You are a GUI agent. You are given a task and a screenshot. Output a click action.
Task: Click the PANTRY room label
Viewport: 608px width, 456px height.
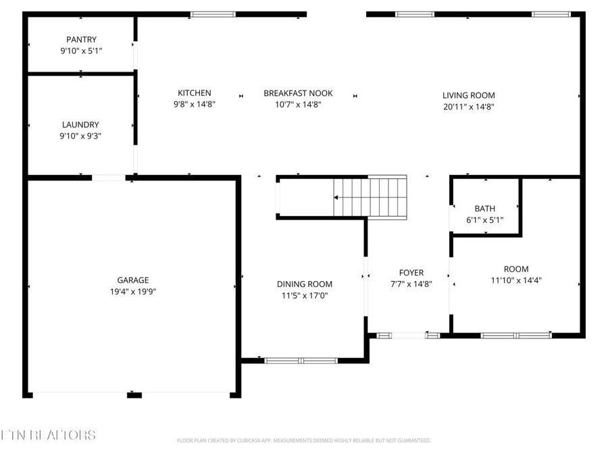coord(81,40)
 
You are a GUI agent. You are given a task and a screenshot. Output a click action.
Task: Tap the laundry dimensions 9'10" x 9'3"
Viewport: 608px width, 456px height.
coord(81,136)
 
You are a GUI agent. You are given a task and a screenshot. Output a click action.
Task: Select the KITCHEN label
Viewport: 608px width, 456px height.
coord(195,93)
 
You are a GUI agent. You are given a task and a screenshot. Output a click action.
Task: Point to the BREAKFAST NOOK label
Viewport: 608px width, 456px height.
coord(298,93)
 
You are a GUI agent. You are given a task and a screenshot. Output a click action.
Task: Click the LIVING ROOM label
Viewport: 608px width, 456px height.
coord(469,95)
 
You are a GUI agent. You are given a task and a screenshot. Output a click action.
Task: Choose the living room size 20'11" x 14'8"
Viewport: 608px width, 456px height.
coord(469,107)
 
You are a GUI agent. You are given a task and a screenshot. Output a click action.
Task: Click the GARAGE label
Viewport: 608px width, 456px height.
coord(132,280)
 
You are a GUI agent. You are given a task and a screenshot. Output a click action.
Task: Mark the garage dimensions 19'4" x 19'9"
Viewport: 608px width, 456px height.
coord(132,291)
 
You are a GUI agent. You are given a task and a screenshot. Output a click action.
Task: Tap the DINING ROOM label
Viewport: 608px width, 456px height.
coord(305,284)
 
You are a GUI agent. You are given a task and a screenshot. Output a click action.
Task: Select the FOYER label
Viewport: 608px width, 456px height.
coord(411,273)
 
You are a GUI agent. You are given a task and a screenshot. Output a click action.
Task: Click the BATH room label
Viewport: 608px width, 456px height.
coord(485,209)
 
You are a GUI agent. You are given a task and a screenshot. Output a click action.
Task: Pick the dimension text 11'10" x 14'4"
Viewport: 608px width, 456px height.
coord(516,280)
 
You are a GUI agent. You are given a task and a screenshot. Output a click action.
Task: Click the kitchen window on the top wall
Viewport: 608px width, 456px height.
coord(213,14)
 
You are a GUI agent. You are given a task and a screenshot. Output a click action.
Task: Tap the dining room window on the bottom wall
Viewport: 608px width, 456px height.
coord(301,360)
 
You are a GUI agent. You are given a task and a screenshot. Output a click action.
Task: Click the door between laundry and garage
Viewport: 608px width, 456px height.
coord(109,178)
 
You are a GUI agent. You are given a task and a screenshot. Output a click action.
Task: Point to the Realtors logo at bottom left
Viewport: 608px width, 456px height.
coord(48,435)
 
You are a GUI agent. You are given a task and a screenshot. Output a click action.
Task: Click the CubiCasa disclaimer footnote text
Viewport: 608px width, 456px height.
coord(303,440)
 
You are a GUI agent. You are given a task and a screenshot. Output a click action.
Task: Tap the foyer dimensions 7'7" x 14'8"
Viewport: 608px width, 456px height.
coord(411,284)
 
